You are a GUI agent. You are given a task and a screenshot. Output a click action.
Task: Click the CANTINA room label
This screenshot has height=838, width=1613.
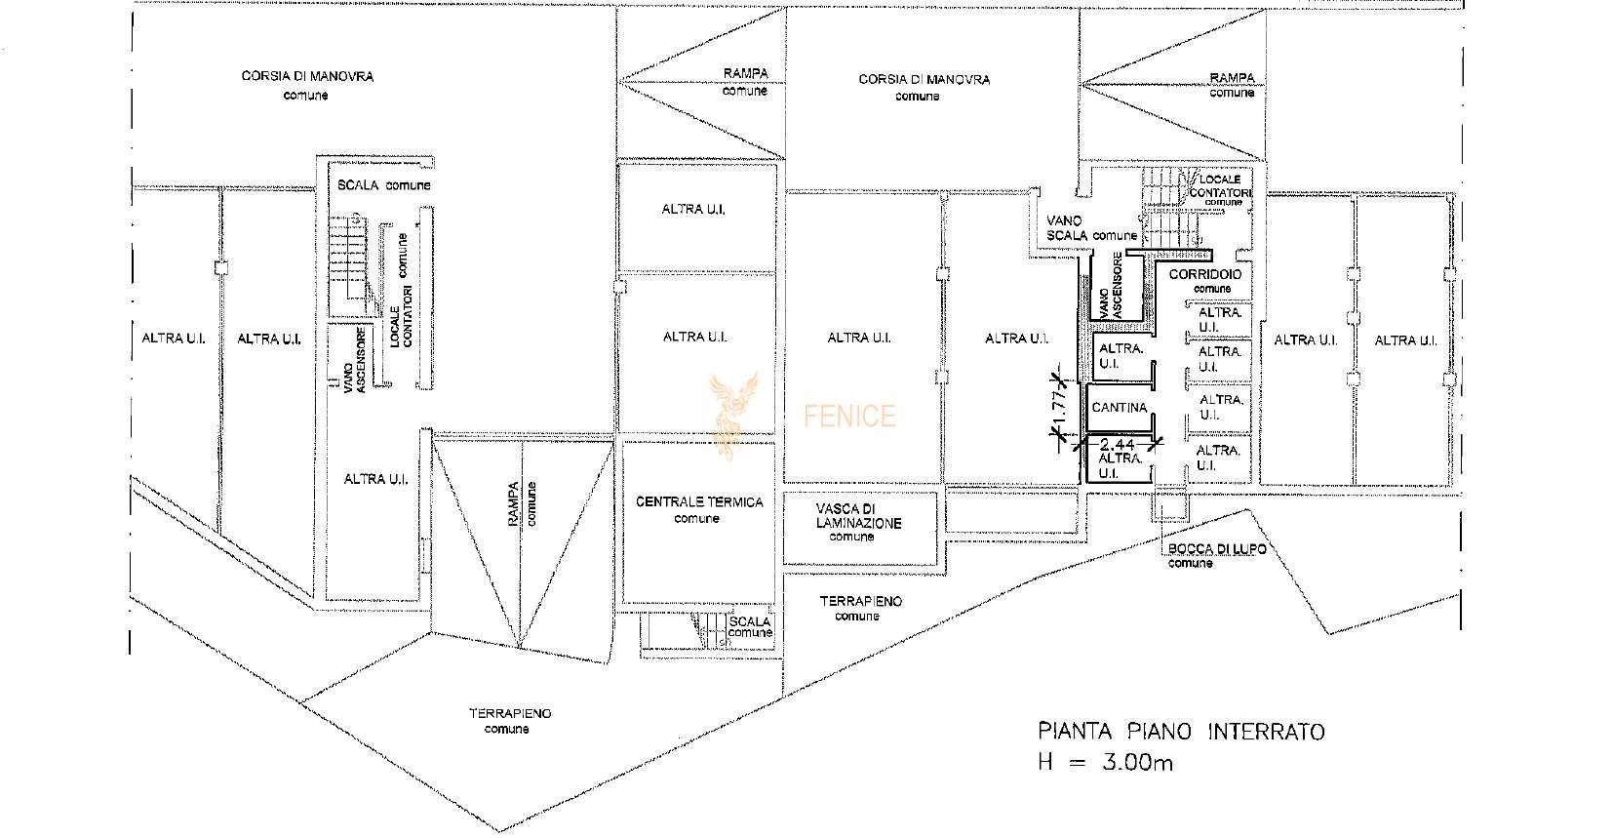pyautogui.click(x=1119, y=408)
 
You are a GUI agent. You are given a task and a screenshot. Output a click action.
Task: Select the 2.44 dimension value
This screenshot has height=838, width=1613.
pyautogui.click(x=1117, y=445)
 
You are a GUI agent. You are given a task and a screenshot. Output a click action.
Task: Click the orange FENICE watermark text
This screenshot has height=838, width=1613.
pyautogui.click(x=849, y=417)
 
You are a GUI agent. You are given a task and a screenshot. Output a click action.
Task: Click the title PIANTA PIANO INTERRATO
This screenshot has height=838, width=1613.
pyautogui.click(x=1181, y=732)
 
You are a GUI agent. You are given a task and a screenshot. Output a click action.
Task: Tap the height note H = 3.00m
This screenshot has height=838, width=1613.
pyautogui.click(x=1105, y=762)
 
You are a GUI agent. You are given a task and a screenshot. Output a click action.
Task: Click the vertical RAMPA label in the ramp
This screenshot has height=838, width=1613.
pyautogui.click(x=513, y=503)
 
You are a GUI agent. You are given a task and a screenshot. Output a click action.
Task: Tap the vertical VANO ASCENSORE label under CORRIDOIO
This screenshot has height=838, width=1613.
pyautogui.click(x=1110, y=285)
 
